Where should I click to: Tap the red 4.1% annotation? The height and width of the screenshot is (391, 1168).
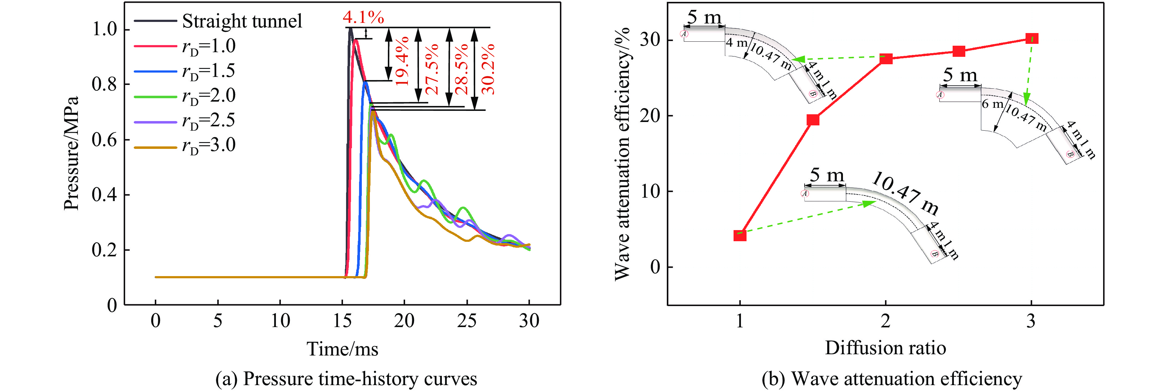pyautogui.click(x=363, y=17)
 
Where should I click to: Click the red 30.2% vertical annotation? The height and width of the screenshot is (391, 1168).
pyautogui.click(x=488, y=69)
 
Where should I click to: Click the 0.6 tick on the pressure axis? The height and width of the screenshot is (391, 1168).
pyautogui.click(x=104, y=140)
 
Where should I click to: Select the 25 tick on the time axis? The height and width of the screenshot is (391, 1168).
pyautogui.click(x=467, y=321)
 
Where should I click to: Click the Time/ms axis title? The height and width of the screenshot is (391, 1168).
pyautogui.click(x=342, y=349)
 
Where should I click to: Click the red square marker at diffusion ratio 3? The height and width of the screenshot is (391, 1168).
pyautogui.click(x=1031, y=39)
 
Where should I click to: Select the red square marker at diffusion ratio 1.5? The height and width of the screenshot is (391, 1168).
pyautogui.click(x=813, y=120)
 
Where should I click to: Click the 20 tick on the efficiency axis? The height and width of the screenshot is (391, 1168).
pyautogui.click(x=650, y=116)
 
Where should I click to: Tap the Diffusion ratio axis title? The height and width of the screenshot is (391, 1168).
pyautogui.click(x=885, y=348)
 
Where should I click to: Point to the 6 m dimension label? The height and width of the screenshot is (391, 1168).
pyautogui.click(x=992, y=104)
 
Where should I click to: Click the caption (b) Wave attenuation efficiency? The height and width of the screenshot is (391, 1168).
pyautogui.click(x=891, y=379)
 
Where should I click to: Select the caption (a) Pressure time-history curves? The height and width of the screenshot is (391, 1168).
pyautogui.click(x=346, y=379)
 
